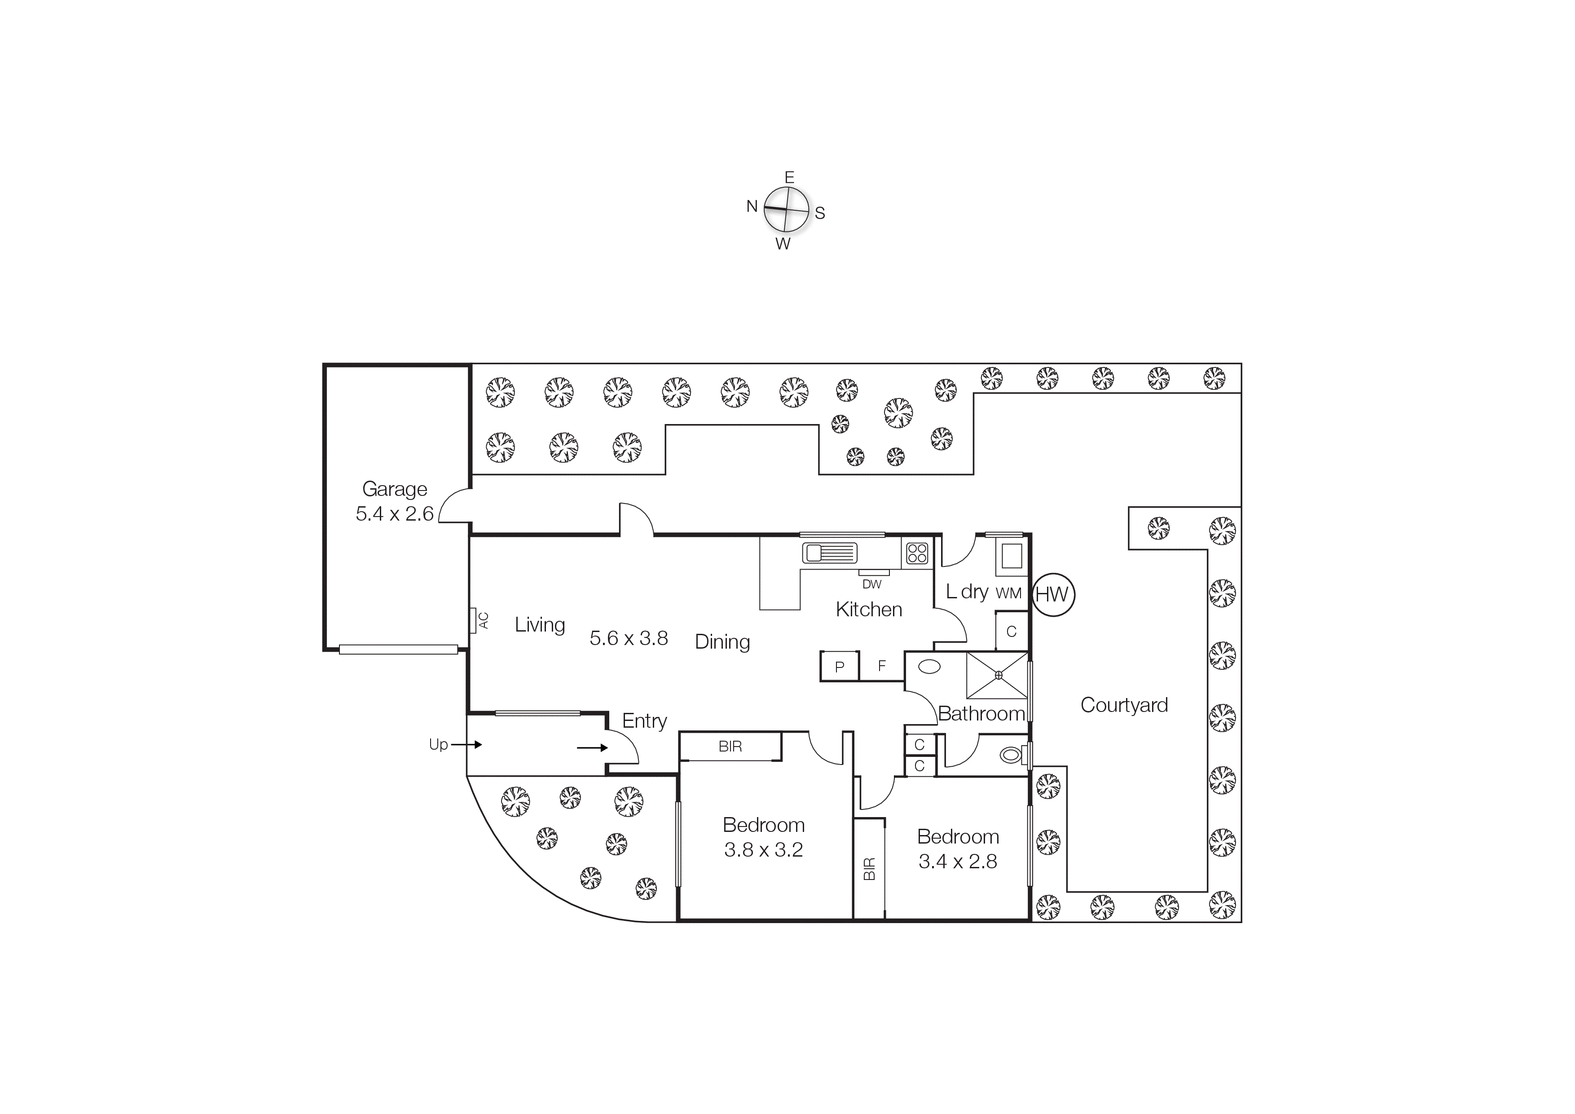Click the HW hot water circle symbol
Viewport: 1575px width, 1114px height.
(x=1052, y=594)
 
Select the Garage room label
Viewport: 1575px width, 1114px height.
(x=395, y=489)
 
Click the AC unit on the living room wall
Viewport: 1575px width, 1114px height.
(x=473, y=620)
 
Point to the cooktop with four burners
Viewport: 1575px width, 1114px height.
(x=917, y=553)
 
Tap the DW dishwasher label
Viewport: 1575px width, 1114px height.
(x=872, y=584)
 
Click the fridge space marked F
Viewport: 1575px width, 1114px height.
(x=881, y=666)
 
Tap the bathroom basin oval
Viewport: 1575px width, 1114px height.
(x=929, y=667)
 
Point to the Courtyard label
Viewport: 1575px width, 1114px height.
(x=1124, y=705)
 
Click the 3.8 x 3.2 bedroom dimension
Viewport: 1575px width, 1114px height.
(x=764, y=850)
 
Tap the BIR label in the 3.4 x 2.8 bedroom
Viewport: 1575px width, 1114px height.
(x=869, y=869)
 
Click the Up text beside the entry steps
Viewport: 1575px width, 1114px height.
(x=438, y=745)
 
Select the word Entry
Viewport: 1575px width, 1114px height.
(x=644, y=721)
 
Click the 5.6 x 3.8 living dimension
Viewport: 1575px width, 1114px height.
(x=629, y=638)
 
